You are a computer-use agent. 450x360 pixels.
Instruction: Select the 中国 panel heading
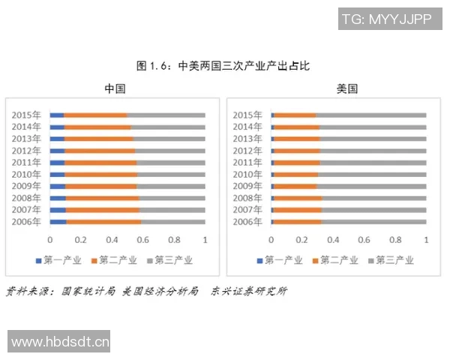pos(115,88)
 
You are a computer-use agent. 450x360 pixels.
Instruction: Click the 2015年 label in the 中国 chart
pos(26,115)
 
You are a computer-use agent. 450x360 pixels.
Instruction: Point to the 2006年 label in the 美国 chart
pos(247,221)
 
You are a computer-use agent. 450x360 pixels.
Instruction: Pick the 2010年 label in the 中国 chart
pos(26,174)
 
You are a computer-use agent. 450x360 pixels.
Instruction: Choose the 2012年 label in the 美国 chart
pos(247,151)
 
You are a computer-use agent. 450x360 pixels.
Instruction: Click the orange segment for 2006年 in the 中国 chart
pos(103,221)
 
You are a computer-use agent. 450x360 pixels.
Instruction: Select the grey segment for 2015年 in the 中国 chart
pos(166,115)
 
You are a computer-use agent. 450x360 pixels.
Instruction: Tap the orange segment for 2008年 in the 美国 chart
pos(298,198)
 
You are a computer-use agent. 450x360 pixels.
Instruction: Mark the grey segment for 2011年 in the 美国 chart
pos(373,162)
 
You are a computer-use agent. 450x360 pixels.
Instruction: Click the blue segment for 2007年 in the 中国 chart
pos(58,209)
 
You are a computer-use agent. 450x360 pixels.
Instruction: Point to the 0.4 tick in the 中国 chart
pos(112,240)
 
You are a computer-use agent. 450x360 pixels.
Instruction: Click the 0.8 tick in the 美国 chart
pos(395,240)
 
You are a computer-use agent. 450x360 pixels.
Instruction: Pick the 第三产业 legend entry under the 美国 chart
pos(390,260)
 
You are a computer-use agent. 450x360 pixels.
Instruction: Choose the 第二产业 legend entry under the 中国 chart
pos(113,260)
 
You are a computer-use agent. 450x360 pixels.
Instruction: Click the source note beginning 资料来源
pos(145,291)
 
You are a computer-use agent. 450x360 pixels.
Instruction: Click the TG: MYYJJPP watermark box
pos(386,19)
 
